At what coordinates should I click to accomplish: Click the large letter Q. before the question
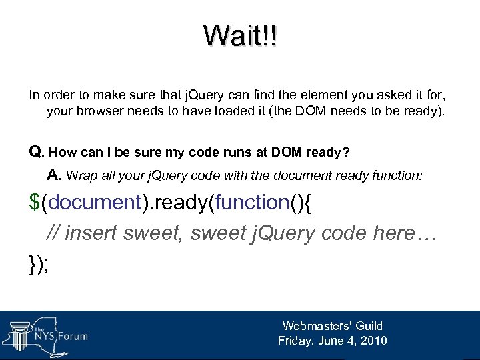tap(37, 152)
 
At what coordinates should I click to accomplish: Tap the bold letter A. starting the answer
tap(55, 175)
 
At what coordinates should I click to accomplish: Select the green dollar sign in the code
tap(35, 203)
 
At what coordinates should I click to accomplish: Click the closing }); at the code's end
tap(41, 261)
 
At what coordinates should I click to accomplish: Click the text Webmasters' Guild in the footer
tap(332, 326)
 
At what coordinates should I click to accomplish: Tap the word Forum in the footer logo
tap(72, 336)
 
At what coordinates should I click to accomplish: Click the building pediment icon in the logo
tap(20, 325)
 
